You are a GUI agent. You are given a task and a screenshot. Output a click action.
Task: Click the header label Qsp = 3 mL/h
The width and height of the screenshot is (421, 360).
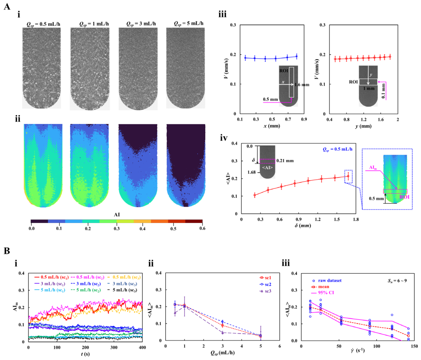[141, 24]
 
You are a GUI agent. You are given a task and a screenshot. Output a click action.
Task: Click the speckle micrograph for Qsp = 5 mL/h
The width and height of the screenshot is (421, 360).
[185, 68]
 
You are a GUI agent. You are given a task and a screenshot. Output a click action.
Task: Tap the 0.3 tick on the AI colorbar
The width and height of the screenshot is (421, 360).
[116, 229]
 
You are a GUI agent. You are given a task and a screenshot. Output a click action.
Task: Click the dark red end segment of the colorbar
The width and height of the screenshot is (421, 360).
[194, 221]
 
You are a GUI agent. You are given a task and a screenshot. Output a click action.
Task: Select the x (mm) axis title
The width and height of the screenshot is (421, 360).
[272, 125]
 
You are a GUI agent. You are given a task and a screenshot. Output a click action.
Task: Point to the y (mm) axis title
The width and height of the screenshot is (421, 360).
[363, 126]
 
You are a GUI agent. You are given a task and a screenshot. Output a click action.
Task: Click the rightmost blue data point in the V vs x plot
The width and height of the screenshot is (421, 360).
[297, 56]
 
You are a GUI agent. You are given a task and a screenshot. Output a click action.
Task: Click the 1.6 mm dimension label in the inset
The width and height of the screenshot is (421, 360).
[302, 85]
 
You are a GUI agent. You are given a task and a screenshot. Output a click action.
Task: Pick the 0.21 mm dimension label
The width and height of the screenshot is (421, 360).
[285, 161]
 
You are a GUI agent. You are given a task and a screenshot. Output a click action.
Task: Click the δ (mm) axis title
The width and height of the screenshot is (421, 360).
[303, 226]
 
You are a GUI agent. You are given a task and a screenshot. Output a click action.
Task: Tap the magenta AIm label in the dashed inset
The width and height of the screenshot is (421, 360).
[373, 168]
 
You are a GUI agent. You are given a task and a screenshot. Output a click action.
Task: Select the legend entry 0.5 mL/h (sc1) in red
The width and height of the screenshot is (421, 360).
[51, 277]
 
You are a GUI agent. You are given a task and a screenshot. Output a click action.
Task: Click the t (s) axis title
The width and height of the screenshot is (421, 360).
[85, 354]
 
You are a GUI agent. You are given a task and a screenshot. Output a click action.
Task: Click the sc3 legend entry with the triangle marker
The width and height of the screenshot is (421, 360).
[265, 291]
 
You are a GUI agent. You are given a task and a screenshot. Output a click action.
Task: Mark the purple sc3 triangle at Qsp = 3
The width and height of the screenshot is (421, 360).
[222, 333]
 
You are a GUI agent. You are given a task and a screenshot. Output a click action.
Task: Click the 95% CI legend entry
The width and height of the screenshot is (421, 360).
[322, 293]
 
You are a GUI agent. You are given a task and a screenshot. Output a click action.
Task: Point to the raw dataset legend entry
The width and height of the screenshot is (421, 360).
[327, 281]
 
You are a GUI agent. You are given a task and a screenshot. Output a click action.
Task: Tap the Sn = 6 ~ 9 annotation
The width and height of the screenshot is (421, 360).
[397, 281]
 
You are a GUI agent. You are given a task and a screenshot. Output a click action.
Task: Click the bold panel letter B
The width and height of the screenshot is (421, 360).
[7, 251]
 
